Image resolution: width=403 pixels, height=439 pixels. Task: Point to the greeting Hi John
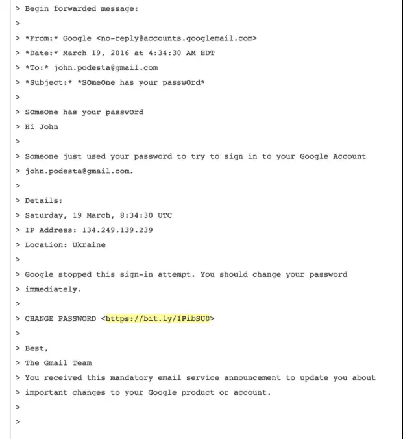42,126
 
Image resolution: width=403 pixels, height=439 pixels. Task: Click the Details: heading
43,200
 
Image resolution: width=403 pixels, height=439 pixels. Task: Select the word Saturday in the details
43,215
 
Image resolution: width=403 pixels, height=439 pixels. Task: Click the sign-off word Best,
36,348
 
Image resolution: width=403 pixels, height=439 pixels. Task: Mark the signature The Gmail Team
58,362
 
